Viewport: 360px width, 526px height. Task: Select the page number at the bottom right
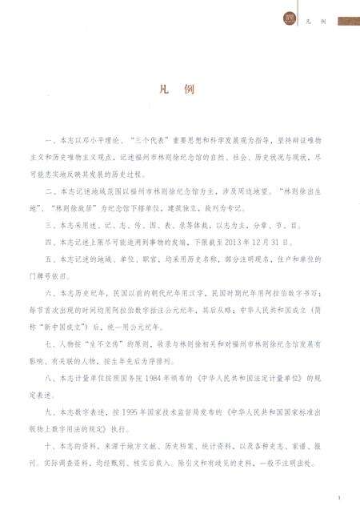pos(339,499)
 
